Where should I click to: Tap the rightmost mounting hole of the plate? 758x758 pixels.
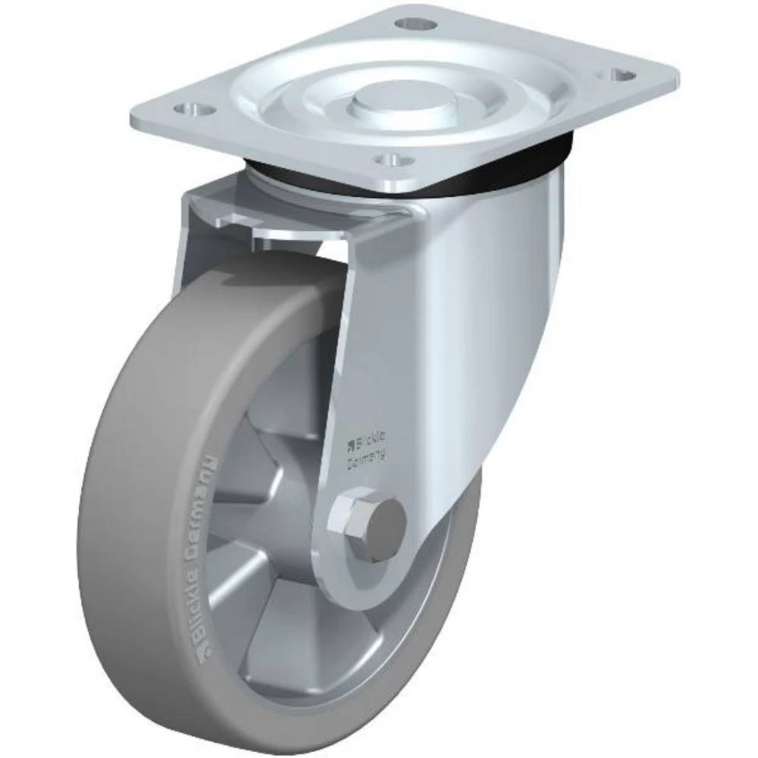622,75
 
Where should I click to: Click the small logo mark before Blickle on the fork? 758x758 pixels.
350,442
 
